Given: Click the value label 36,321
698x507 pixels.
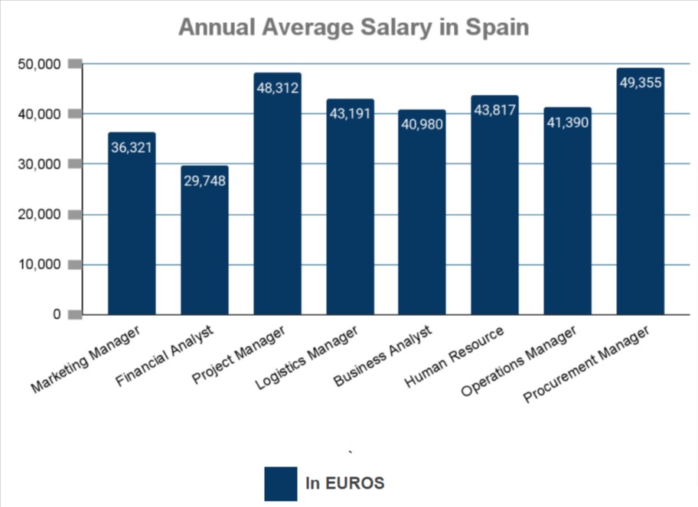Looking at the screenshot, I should [x=132, y=147].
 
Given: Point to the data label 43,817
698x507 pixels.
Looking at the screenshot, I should [x=495, y=110].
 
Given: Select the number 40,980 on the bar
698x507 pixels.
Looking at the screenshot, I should [x=422, y=124].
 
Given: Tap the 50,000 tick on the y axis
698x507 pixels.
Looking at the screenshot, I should [x=38, y=64].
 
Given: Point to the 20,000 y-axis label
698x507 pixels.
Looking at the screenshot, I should [x=38, y=215].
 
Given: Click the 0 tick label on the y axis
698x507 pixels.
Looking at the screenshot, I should [x=57, y=314].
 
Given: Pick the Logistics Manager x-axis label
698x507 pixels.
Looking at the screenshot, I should [x=304, y=360].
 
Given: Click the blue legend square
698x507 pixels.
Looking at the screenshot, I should [x=280, y=483].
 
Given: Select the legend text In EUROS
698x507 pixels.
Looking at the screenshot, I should [x=344, y=483].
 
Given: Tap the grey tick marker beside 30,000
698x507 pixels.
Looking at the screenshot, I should [x=75, y=164].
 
